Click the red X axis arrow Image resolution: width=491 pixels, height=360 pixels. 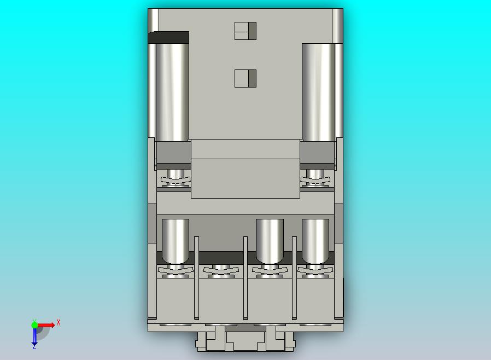click(46, 325)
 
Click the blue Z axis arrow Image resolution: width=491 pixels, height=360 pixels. click(34, 336)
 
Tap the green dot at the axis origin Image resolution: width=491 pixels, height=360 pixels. click(34, 325)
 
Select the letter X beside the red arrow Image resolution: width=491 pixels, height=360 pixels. click(59, 322)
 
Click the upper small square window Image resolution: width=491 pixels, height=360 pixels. click(245, 31)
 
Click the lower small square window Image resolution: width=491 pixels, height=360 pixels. click(245, 78)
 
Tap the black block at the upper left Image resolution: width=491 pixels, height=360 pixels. click(168, 37)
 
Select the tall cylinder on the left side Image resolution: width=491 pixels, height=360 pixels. click(172, 92)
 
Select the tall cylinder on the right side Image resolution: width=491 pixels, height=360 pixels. click(318, 92)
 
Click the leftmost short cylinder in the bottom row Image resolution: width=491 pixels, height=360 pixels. click(176, 241)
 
